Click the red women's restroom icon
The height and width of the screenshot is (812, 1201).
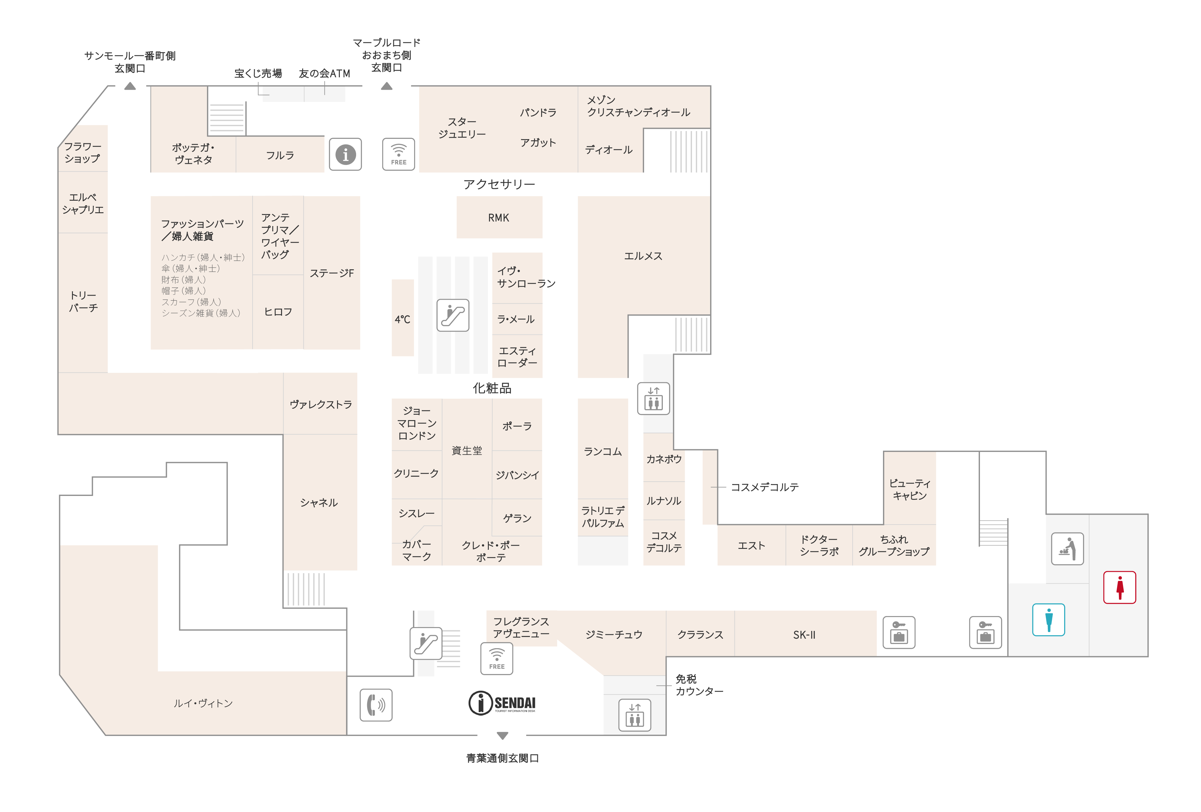click(1119, 587)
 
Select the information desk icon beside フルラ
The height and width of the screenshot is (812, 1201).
click(345, 154)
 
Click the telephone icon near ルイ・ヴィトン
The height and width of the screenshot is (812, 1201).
click(376, 705)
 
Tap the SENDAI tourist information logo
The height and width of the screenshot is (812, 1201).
click(502, 703)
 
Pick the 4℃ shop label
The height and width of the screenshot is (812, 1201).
click(403, 319)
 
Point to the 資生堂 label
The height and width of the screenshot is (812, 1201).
click(467, 450)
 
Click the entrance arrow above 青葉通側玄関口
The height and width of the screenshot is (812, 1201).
click(502, 736)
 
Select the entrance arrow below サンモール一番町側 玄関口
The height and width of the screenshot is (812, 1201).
click(130, 86)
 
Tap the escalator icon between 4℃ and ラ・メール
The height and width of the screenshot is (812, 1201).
click(453, 315)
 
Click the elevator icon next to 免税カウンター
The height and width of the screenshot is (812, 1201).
click(635, 715)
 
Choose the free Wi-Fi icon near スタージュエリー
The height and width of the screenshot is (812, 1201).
click(398, 154)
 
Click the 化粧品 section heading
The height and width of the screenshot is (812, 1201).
click(492, 388)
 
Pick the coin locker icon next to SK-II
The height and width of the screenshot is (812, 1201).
click(899, 632)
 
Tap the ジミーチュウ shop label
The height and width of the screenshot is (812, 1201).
click(614, 635)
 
